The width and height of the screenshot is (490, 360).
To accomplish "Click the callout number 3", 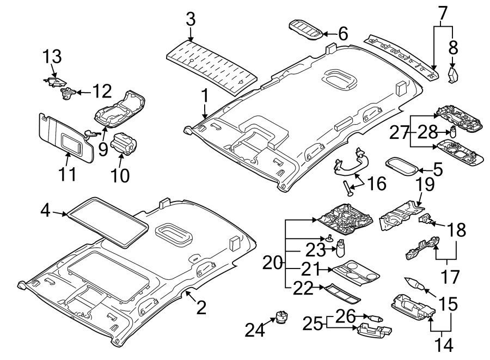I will (x=190, y=20).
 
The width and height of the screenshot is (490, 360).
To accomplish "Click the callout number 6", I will (x=342, y=34).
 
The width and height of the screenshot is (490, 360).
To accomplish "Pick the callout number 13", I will (x=53, y=57).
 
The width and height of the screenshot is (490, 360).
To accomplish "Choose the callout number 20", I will (x=272, y=264).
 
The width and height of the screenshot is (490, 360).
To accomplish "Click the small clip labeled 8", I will (x=452, y=75).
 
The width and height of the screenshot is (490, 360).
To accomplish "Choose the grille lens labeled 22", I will (x=341, y=292).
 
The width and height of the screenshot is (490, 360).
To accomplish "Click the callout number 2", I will (x=201, y=308).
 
